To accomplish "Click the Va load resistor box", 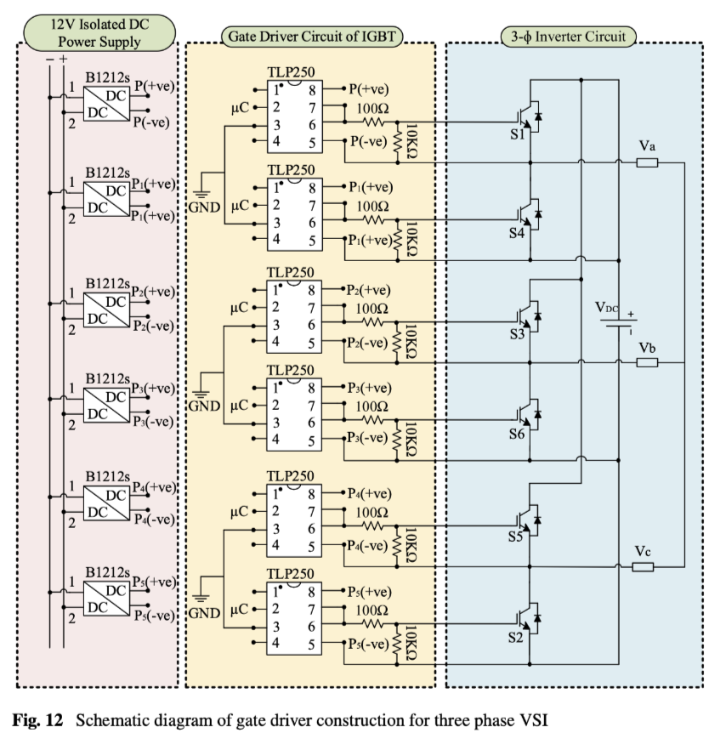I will [x=648, y=162].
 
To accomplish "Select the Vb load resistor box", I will [x=648, y=362].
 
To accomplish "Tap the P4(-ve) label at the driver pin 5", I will [x=368, y=545].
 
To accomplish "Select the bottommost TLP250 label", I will [x=291, y=574].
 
